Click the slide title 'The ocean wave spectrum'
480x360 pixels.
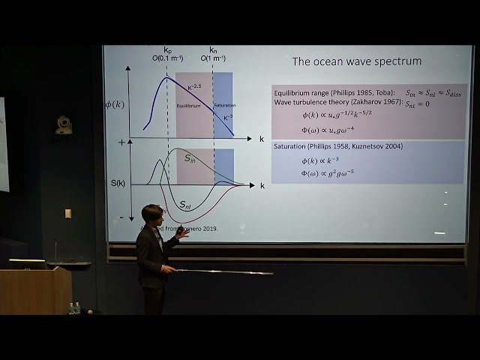356,61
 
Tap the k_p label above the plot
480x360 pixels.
168,49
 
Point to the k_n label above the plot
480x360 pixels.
213,49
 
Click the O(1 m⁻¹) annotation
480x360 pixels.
214,57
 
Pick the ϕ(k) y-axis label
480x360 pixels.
115,104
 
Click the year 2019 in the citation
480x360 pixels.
205,229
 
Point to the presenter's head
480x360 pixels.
152,216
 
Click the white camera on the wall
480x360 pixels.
64,124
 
